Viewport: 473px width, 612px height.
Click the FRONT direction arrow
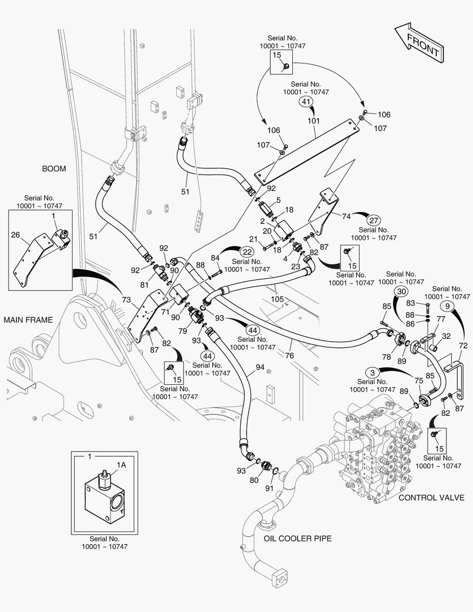coord(419,43)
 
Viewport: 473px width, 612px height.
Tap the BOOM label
coord(54,169)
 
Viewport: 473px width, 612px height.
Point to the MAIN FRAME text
coord(28,320)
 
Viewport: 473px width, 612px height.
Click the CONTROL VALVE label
coord(432,498)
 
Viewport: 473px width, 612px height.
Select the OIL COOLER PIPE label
coord(297,538)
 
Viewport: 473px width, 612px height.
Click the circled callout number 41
coord(306,102)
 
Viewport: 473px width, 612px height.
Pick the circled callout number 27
coord(373,220)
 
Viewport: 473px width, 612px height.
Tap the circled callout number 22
coord(246,252)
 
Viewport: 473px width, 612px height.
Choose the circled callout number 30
coord(401,291)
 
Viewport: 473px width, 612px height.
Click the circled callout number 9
coord(447,307)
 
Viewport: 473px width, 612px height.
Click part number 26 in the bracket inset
coord(16,234)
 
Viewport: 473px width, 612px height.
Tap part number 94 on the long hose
coord(260,367)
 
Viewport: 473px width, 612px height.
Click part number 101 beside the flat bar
coord(313,121)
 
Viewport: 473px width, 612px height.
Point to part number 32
coord(446,336)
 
